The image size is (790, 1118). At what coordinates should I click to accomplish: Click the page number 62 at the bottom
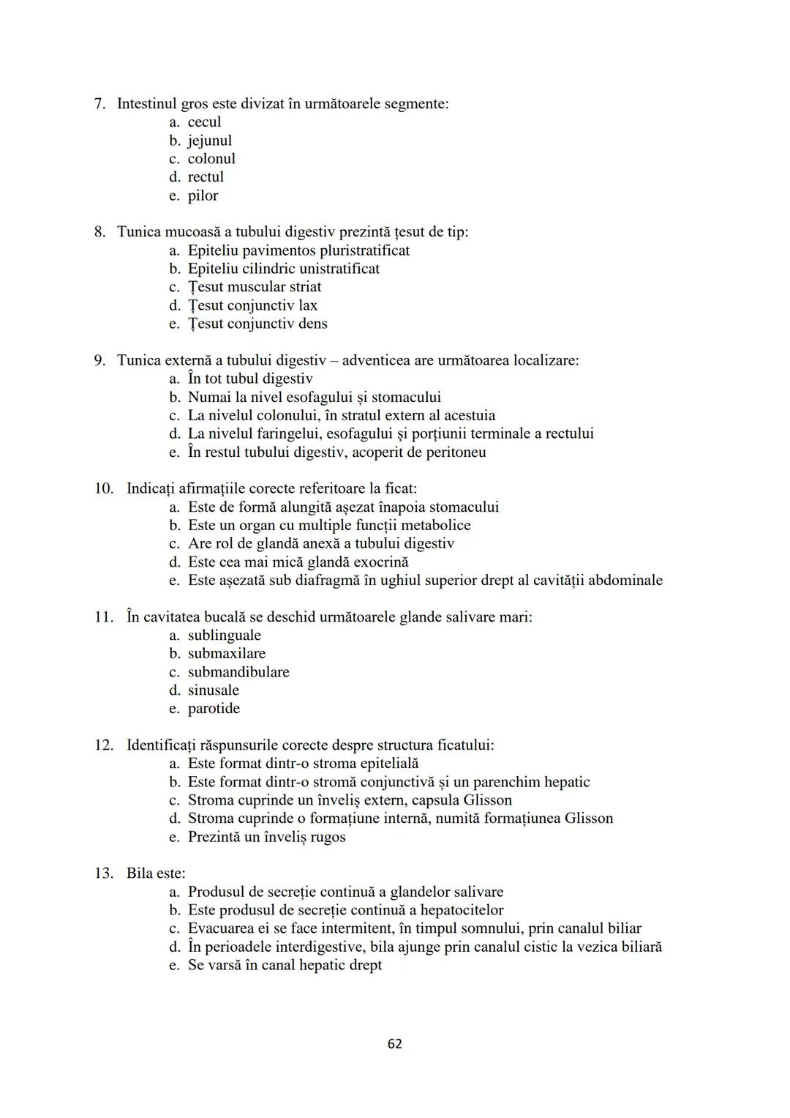pyautogui.click(x=394, y=1043)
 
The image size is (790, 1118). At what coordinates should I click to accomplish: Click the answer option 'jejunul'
pyautogui.click(x=209, y=141)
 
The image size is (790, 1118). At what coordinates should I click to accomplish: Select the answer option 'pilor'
pyautogui.click(x=203, y=195)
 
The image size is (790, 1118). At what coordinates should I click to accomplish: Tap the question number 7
pyautogui.click(x=100, y=104)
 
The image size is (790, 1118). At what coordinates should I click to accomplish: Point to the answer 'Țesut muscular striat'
pyautogui.click(x=254, y=287)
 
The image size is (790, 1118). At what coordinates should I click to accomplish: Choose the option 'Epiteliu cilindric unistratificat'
pyautogui.click(x=283, y=269)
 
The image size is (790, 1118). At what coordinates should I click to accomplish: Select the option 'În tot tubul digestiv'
pyautogui.click(x=249, y=379)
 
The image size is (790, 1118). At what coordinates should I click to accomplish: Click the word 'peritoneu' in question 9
pyautogui.click(x=455, y=452)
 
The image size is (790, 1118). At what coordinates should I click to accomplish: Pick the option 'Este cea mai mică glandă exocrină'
pyautogui.click(x=298, y=562)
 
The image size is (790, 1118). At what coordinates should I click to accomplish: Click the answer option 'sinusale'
pyautogui.click(x=213, y=690)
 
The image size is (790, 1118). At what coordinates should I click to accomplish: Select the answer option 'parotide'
pyautogui.click(x=214, y=708)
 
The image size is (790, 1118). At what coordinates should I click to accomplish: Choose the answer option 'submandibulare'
pyautogui.click(x=238, y=671)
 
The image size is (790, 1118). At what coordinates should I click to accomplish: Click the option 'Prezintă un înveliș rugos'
pyautogui.click(x=266, y=837)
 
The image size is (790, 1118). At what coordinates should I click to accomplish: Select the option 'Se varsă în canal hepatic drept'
pyautogui.click(x=285, y=965)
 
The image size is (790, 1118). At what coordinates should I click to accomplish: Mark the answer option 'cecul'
pyautogui.click(x=204, y=122)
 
